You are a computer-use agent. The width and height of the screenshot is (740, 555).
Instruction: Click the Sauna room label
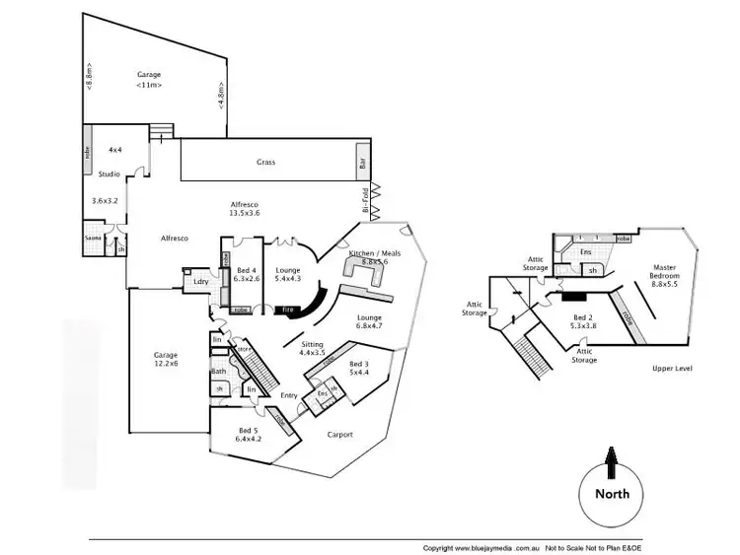coord(93,238)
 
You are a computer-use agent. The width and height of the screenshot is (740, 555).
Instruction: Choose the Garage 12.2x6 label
coord(164,359)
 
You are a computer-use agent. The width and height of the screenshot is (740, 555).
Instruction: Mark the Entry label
coord(289,395)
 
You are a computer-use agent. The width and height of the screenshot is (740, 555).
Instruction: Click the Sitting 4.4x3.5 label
coord(311,347)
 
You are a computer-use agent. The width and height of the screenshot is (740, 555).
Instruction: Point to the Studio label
coord(109,174)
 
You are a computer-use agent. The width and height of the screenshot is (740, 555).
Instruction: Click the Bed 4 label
coord(247,274)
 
